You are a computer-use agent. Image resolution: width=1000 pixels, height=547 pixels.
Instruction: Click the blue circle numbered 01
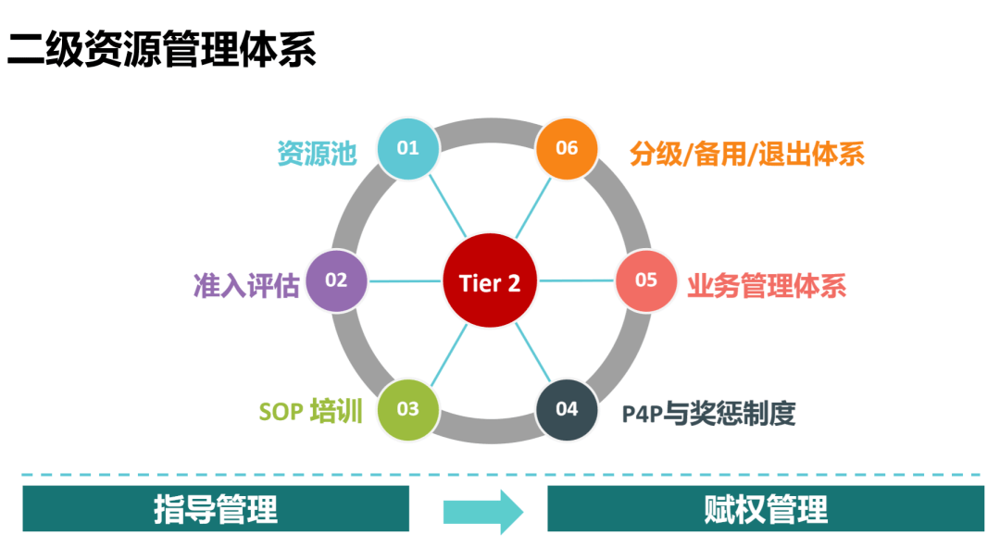(x=407, y=148)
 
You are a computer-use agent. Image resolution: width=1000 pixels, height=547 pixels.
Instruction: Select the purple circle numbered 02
(x=336, y=280)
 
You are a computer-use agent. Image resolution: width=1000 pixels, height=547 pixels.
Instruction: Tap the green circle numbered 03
(x=407, y=409)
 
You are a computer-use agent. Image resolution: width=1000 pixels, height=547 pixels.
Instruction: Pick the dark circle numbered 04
(x=567, y=409)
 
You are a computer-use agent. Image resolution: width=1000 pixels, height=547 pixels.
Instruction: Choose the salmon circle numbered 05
(x=646, y=280)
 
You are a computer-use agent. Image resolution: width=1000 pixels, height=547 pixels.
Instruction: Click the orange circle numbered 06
(x=567, y=148)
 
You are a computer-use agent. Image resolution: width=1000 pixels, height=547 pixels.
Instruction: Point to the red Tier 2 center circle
(x=490, y=281)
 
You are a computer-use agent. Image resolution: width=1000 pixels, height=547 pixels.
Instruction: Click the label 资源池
(x=317, y=154)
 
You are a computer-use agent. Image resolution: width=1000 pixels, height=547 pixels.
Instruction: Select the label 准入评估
(x=246, y=285)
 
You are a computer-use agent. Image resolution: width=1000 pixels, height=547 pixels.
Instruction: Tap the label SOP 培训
(x=309, y=411)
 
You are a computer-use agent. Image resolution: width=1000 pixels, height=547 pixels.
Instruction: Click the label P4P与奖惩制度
(x=708, y=413)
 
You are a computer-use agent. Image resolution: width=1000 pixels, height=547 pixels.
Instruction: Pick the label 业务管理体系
(x=767, y=285)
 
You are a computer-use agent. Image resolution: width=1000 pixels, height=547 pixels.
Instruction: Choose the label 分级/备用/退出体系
(x=746, y=154)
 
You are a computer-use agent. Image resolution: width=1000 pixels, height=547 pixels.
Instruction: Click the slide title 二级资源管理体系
(x=162, y=49)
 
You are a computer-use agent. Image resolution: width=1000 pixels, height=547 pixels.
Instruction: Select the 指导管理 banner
(x=216, y=509)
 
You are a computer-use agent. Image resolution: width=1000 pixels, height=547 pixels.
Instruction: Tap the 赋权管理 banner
(x=765, y=509)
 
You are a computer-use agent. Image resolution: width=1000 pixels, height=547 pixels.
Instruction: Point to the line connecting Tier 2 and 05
(x=578, y=280)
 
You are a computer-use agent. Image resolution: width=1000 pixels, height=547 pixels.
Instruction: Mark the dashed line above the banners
(x=500, y=476)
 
